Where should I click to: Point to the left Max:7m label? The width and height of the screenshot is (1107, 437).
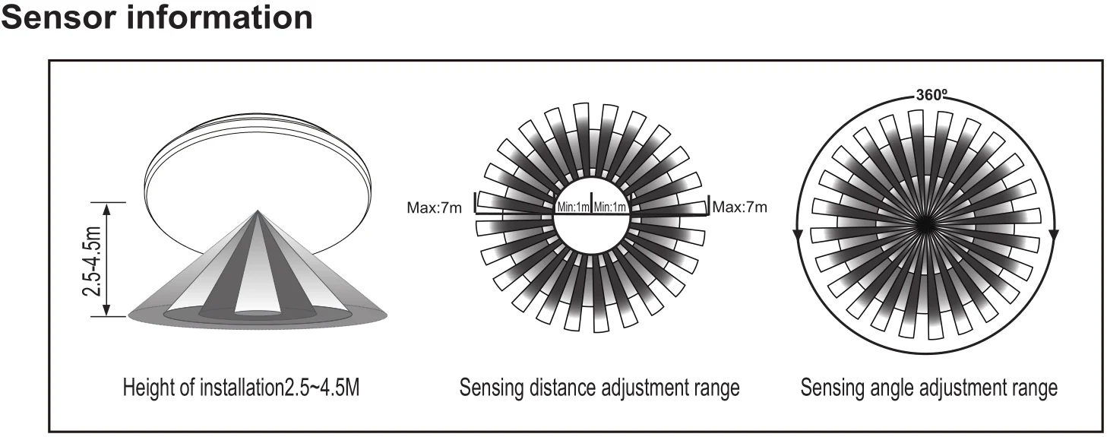point(434,207)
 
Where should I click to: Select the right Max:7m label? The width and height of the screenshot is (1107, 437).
point(739,207)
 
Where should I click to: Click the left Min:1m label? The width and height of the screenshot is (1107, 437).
point(573,207)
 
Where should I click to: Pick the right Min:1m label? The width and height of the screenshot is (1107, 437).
point(610,207)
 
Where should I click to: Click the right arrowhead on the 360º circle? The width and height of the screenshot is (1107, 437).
point(1055,236)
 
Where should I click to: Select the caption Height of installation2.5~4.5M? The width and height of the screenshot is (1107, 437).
point(241,389)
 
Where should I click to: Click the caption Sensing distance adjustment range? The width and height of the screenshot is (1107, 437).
point(599,389)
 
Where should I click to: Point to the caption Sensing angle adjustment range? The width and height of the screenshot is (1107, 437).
point(928,389)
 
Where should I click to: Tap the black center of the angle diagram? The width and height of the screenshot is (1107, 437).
point(925,222)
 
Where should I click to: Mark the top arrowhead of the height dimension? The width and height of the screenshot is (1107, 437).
point(106,207)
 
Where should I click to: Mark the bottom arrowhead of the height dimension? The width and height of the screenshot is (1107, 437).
point(106,312)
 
